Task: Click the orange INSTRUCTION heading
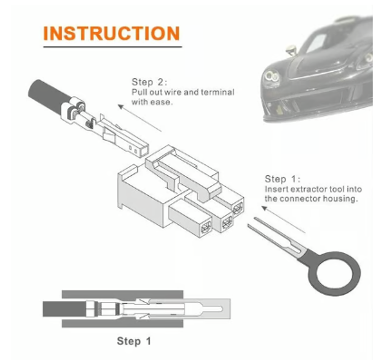pyautogui.click(x=112, y=33)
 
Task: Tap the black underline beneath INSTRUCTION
pyautogui.click(x=112, y=47)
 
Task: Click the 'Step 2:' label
pyautogui.click(x=149, y=82)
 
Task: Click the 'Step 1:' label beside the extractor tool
pyautogui.click(x=282, y=179)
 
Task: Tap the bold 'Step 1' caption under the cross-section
pyautogui.click(x=134, y=341)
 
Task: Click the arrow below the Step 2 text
pyautogui.click(x=139, y=118)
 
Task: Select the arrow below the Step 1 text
pyautogui.click(x=283, y=219)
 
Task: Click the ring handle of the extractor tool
pyautogui.click(x=335, y=273)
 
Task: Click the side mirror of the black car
pyautogui.click(x=291, y=50)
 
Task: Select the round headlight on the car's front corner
pyautogui.click(x=272, y=76)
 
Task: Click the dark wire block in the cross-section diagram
pyautogui.click(x=64, y=309)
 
